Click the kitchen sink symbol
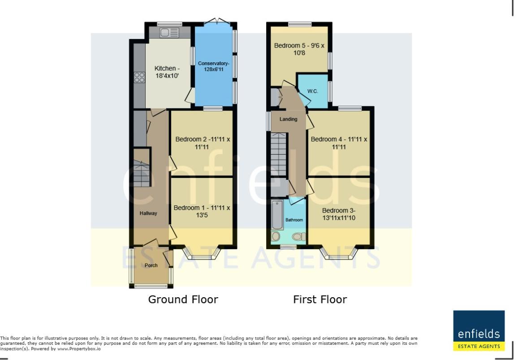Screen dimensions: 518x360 pos(169,32)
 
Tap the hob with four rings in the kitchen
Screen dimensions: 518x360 pos(139,78)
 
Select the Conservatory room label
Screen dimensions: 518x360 pos(214,66)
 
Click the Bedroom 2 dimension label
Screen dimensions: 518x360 pos(203,143)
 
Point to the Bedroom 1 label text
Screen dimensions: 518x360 pos(202,211)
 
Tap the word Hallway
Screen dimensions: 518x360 pos(148,213)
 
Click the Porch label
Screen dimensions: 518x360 pos(151,265)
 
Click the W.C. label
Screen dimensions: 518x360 pos(312,91)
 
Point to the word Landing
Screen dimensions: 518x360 pos(289,119)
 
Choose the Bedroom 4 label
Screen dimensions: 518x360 pos(339,143)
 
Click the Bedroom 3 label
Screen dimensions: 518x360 pos(339,214)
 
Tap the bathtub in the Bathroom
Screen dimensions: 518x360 pos(277,215)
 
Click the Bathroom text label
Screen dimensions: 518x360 pos(294,220)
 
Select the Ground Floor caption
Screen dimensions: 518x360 pos(183,299)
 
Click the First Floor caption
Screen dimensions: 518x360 pos(320,299)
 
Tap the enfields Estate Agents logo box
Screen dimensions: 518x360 pos(479,330)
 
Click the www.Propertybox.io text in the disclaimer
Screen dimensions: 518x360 pos(79,348)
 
